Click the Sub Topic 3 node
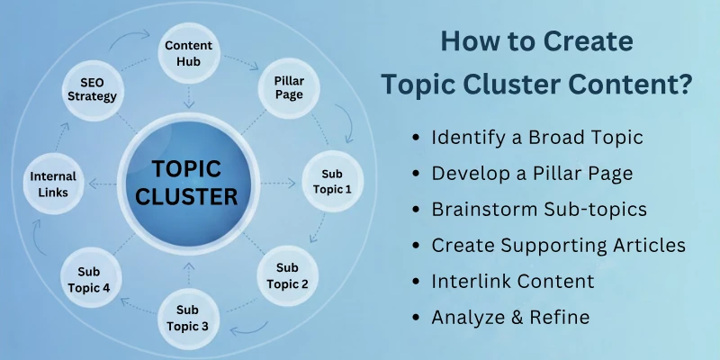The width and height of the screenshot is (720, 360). pos(187,317)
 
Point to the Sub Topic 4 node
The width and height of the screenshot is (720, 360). pos(89,278)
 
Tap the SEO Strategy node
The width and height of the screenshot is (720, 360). pos(92,88)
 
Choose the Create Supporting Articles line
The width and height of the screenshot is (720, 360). pos(558,245)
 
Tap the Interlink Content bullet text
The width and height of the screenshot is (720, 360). pos(513,281)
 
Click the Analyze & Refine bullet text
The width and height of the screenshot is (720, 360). pos(509,317)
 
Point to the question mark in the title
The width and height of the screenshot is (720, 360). pos(685,85)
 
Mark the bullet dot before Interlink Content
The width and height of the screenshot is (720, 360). pos(415,282)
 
